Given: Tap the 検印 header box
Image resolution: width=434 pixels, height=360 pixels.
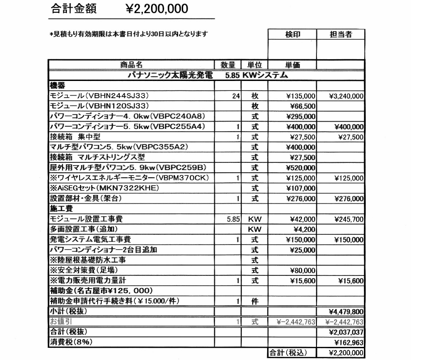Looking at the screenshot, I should click(292, 34).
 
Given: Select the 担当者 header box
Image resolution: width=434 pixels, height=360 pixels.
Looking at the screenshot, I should click(341, 34).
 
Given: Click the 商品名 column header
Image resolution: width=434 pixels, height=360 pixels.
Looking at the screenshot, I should click(131, 65).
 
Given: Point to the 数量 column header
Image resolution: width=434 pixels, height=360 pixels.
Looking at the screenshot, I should click(227, 65).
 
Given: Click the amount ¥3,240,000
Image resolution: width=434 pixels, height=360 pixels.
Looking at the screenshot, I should click(346, 96).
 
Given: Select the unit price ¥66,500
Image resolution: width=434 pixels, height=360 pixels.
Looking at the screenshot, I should click(301, 106).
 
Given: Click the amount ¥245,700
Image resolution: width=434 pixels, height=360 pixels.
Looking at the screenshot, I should click(349, 219).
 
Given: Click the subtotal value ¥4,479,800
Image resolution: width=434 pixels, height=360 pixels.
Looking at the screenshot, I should click(346, 312).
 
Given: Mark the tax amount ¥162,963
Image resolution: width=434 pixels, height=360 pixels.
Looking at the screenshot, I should click(349, 342).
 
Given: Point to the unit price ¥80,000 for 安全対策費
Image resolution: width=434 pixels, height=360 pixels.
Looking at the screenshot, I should click(302, 270).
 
